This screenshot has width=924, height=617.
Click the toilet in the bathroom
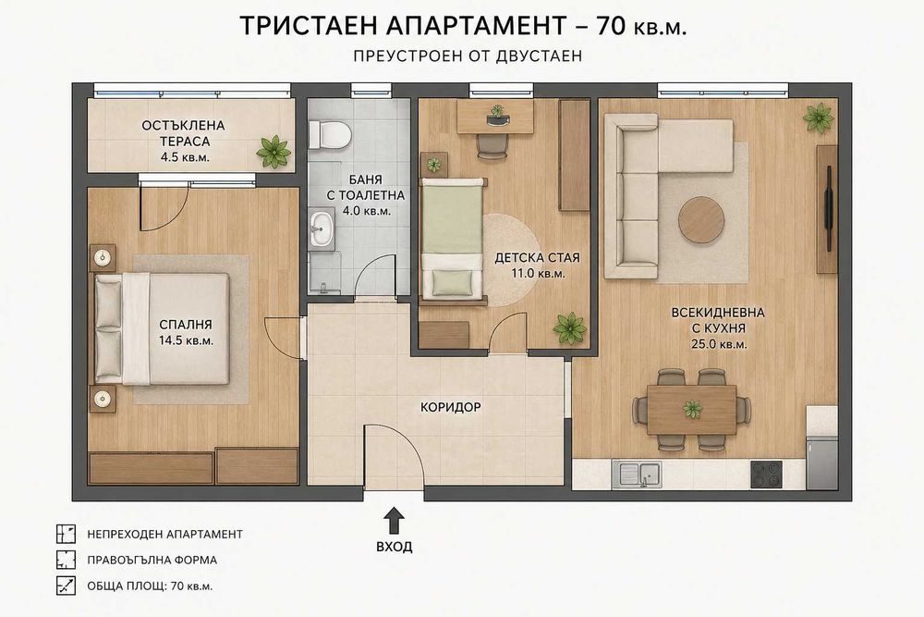[x=330, y=134]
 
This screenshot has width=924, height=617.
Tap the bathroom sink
[x=322, y=228]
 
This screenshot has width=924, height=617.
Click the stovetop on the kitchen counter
[x=766, y=475]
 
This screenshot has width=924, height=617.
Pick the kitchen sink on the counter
[x=637, y=475]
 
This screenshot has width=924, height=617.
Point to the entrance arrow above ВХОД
[x=394, y=522]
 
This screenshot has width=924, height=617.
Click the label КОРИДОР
[x=450, y=407]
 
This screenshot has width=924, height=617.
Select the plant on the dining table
[x=692, y=408]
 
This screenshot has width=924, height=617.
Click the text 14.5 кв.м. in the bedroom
[x=187, y=340]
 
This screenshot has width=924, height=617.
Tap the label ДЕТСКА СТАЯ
[x=537, y=258]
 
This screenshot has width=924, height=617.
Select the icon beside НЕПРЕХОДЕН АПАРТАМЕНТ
[x=66, y=534]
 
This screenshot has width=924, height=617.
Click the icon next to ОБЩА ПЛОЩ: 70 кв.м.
[x=66, y=586]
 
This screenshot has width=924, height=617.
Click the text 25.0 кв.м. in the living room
[x=718, y=344]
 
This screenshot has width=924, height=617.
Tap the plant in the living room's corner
[x=819, y=118]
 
